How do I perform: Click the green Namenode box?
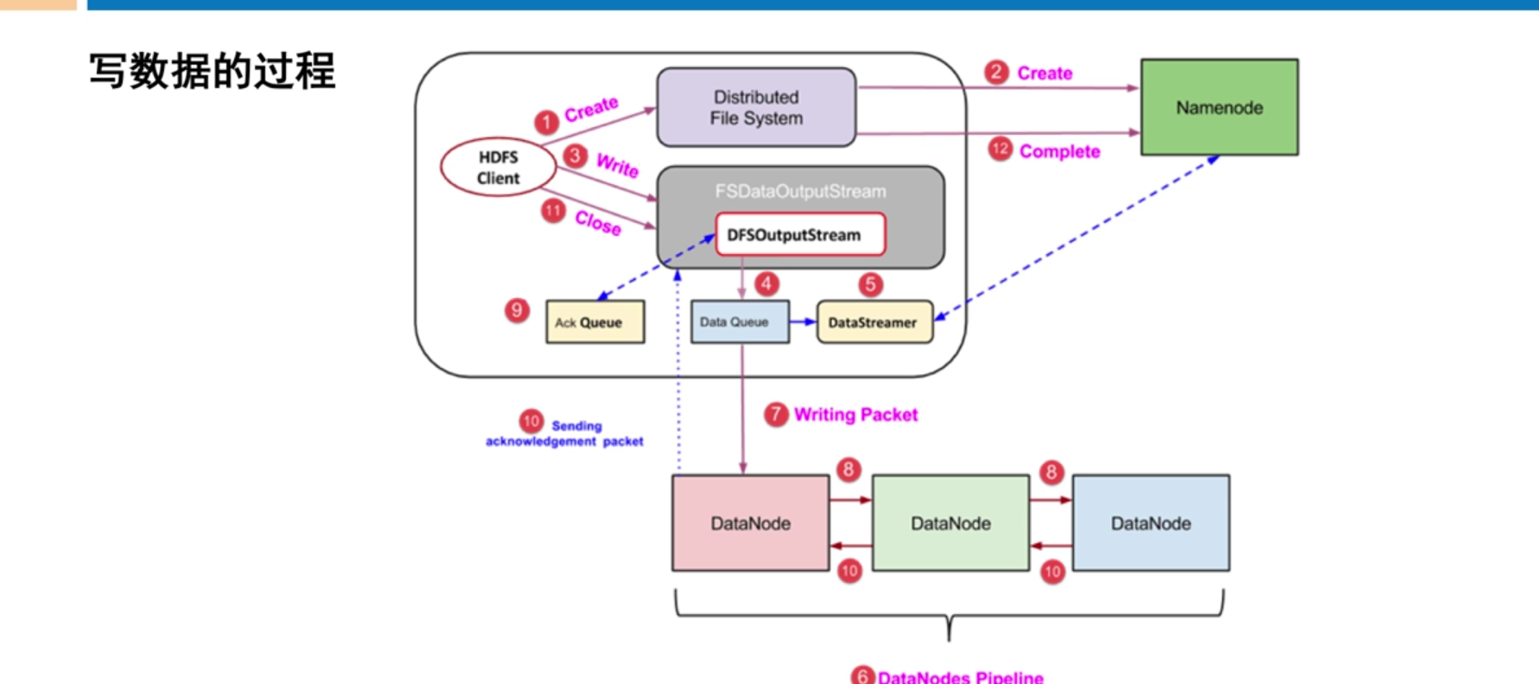(x=1218, y=107)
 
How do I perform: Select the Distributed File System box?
(x=756, y=107)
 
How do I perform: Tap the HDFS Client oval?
(x=498, y=168)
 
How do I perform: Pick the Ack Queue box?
(x=595, y=322)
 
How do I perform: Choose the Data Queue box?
(x=739, y=322)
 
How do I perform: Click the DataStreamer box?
(x=874, y=322)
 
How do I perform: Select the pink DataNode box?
(x=750, y=523)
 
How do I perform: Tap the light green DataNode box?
(x=951, y=523)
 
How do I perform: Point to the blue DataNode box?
(x=1150, y=523)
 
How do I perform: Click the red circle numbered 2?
(x=996, y=72)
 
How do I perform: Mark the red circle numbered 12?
(x=1000, y=149)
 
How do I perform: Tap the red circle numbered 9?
(x=517, y=310)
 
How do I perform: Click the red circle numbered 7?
(x=776, y=415)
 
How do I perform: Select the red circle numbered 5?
(x=870, y=284)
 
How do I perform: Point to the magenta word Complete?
(x=1059, y=151)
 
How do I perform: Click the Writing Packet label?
(x=855, y=415)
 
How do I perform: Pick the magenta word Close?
(x=598, y=223)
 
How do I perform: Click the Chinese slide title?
(x=212, y=71)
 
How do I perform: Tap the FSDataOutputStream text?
(x=800, y=191)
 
